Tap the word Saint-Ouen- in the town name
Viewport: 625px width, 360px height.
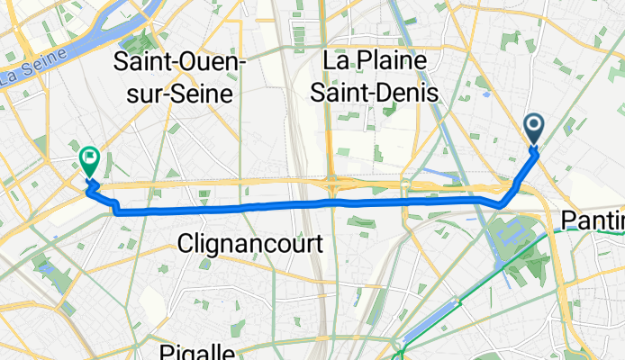click(x=174, y=63)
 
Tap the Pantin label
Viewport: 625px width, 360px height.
click(x=593, y=220)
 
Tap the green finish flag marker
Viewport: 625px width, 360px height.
click(x=89, y=161)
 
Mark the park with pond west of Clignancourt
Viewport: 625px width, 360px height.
click(x=42, y=265)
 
